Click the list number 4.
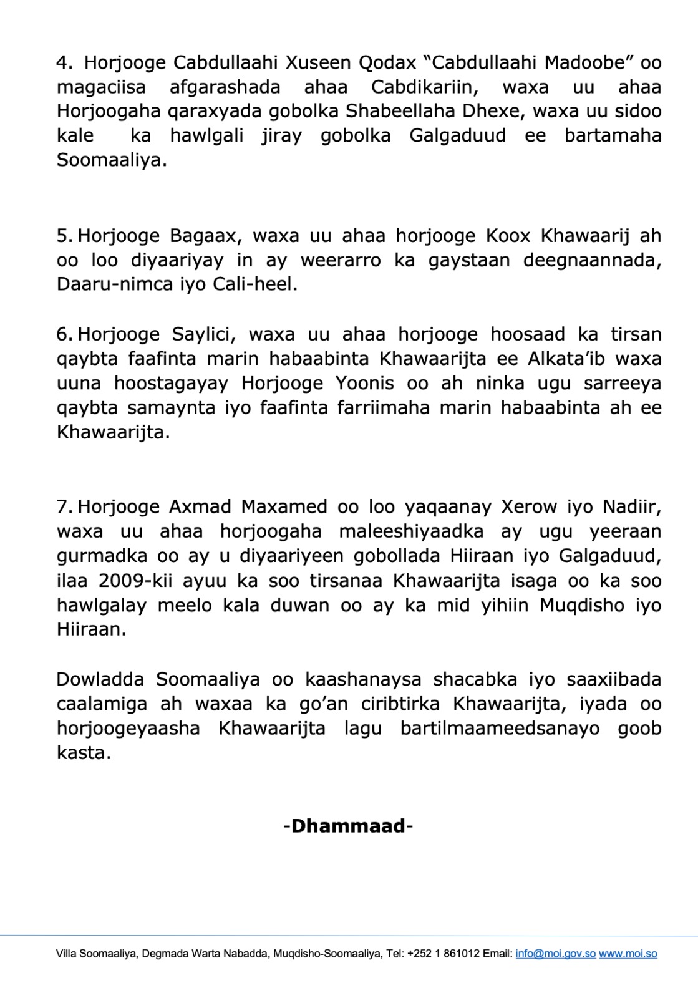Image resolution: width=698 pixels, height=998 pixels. click(64, 62)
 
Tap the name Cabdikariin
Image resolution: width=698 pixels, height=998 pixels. click(425, 87)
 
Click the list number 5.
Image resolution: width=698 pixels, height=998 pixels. click(64, 236)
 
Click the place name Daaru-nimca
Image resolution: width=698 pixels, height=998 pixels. click(115, 284)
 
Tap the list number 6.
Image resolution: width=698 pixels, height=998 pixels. click(64, 334)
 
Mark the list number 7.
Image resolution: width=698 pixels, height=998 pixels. click(64, 506)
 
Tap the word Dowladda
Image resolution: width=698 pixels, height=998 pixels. click(100, 679)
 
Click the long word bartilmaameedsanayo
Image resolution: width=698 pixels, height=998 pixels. click(500, 729)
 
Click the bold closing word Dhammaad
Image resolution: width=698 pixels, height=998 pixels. click(348, 826)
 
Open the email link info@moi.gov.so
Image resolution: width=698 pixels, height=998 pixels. click(555, 954)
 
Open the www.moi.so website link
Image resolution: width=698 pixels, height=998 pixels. click(628, 954)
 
